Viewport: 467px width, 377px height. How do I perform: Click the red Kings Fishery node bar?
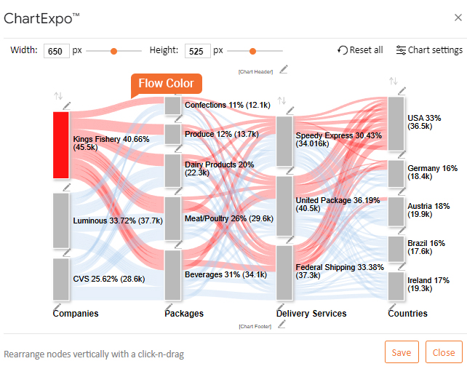(62, 145)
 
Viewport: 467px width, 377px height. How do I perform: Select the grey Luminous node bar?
(62, 220)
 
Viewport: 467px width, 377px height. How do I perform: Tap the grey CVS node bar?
(62, 278)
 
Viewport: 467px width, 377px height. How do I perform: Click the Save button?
(402, 352)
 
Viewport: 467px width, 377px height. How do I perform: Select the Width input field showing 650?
(57, 51)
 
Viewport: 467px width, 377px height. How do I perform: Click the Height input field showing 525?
(197, 51)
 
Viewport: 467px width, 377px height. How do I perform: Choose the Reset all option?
(360, 50)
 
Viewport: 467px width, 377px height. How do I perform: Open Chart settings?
(429, 50)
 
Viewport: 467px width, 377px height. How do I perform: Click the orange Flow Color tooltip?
(166, 83)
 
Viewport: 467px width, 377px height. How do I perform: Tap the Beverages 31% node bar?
(172, 275)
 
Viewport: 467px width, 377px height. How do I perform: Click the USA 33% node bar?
(396, 123)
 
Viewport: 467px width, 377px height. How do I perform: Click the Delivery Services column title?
(311, 314)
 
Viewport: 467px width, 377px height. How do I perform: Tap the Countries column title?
(407, 314)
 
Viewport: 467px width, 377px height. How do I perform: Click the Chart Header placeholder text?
(254, 72)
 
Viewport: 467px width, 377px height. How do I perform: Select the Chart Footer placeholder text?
(254, 326)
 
